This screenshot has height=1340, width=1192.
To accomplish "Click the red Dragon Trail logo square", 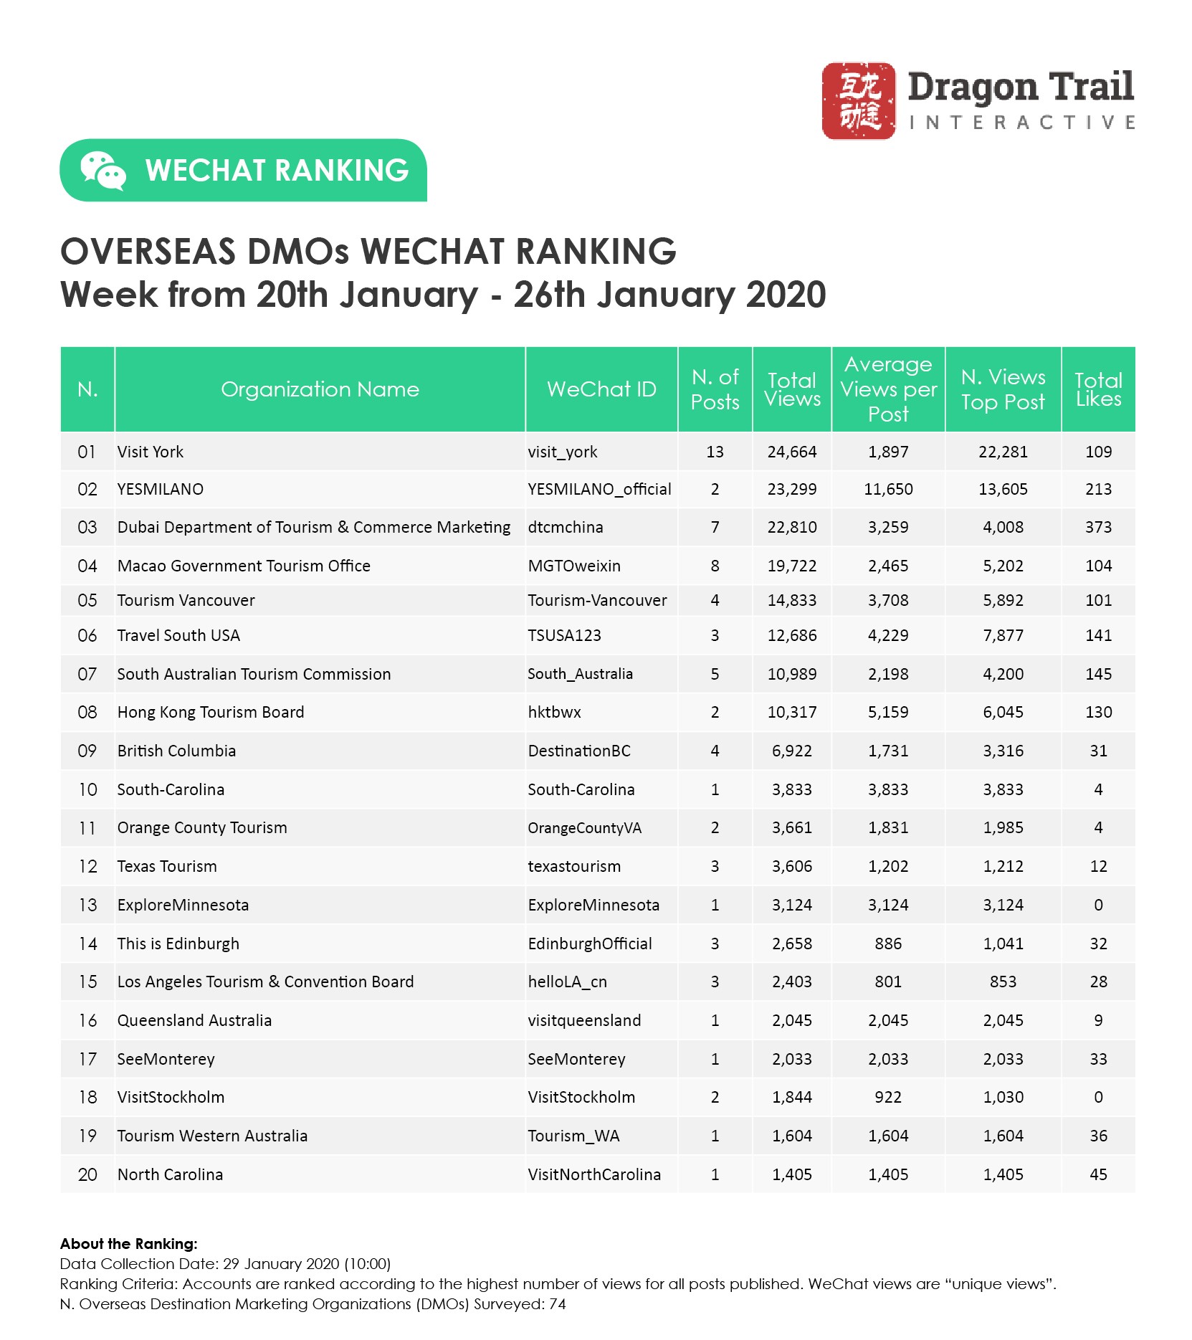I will pos(858,100).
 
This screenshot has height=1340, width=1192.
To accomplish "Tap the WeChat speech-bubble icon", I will pos(102,171).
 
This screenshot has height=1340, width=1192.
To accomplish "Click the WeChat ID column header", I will pos(601,389).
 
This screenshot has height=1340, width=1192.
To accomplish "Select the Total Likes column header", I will pos(1097,389).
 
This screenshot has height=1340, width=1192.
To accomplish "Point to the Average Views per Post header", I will pos(888,389).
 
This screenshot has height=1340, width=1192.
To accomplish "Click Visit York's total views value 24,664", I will pos(791,452).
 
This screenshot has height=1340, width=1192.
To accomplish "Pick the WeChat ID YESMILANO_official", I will pos(599,490).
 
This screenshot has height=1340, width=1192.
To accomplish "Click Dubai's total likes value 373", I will pos(1097,528).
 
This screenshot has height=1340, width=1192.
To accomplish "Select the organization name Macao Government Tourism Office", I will pos(244,566).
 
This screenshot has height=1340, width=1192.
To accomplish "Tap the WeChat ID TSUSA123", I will pos(564,636).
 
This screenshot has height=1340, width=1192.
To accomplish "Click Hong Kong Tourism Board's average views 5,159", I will pos(888,713).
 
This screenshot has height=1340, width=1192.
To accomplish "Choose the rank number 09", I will pos(87,751).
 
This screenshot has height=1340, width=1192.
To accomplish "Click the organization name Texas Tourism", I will pos(167,867).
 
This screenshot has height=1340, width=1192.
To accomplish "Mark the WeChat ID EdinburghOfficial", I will pos(590,944).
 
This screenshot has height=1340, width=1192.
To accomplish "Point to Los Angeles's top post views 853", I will pos(1003,982).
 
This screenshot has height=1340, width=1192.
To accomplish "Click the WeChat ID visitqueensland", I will pos(584,1021).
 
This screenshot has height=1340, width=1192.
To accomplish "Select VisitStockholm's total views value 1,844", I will pos(791,1098).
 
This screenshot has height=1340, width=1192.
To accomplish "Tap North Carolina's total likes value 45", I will pos(1097,1175).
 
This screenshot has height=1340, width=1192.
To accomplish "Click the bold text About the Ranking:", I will pos(129,1244).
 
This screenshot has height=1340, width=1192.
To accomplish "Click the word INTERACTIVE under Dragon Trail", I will pos(1021,123).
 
